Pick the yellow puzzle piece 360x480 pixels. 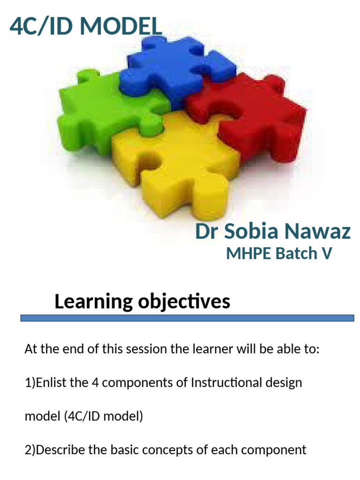(178, 164)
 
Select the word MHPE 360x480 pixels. (248, 254)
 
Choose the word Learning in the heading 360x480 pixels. (93, 301)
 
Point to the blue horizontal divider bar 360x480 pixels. (187, 318)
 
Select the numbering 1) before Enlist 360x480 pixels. (30, 383)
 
